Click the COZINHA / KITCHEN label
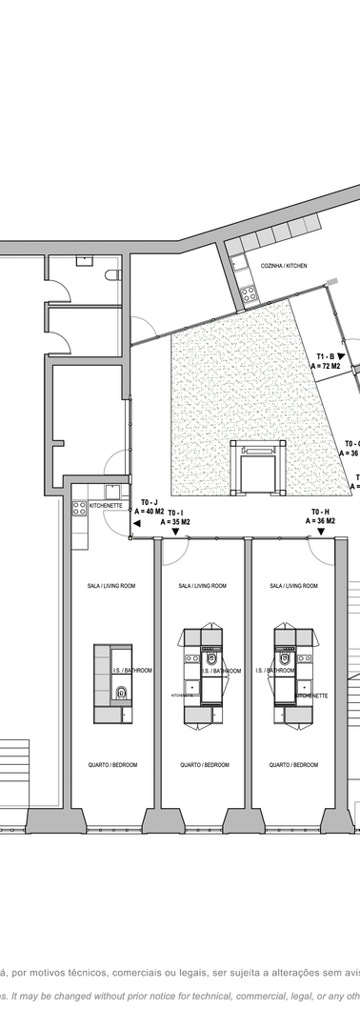pyautogui.click(x=284, y=267)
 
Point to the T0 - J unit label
pyautogui.click(x=151, y=501)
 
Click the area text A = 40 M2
pyautogui.click(x=150, y=510)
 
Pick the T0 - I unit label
pyautogui.click(x=175, y=513)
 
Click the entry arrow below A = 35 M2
pyautogui.click(x=176, y=533)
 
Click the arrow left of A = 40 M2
pyautogui.click(x=125, y=510)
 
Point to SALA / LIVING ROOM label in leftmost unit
pyautogui.click(x=112, y=586)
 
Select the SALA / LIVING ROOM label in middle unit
pyautogui.click(x=202, y=586)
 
